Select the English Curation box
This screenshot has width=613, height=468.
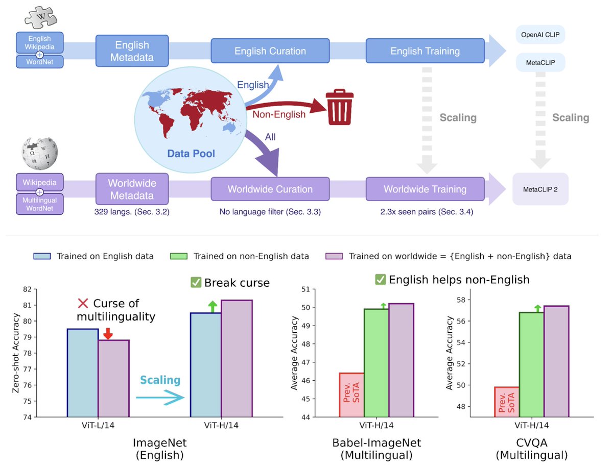(270, 51)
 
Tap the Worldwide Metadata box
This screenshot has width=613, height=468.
(132, 189)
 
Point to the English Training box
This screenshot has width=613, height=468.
(425, 51)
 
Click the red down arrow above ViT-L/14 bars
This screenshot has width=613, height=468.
(107, 334)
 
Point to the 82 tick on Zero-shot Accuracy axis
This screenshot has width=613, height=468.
(25, 289)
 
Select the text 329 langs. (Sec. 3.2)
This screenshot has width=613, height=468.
(132, 211)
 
